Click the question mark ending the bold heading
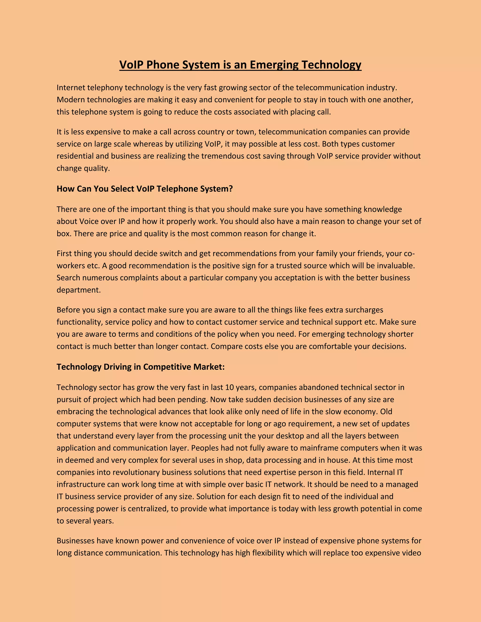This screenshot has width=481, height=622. pos(231,188)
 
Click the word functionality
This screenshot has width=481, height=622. pos(80,322)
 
